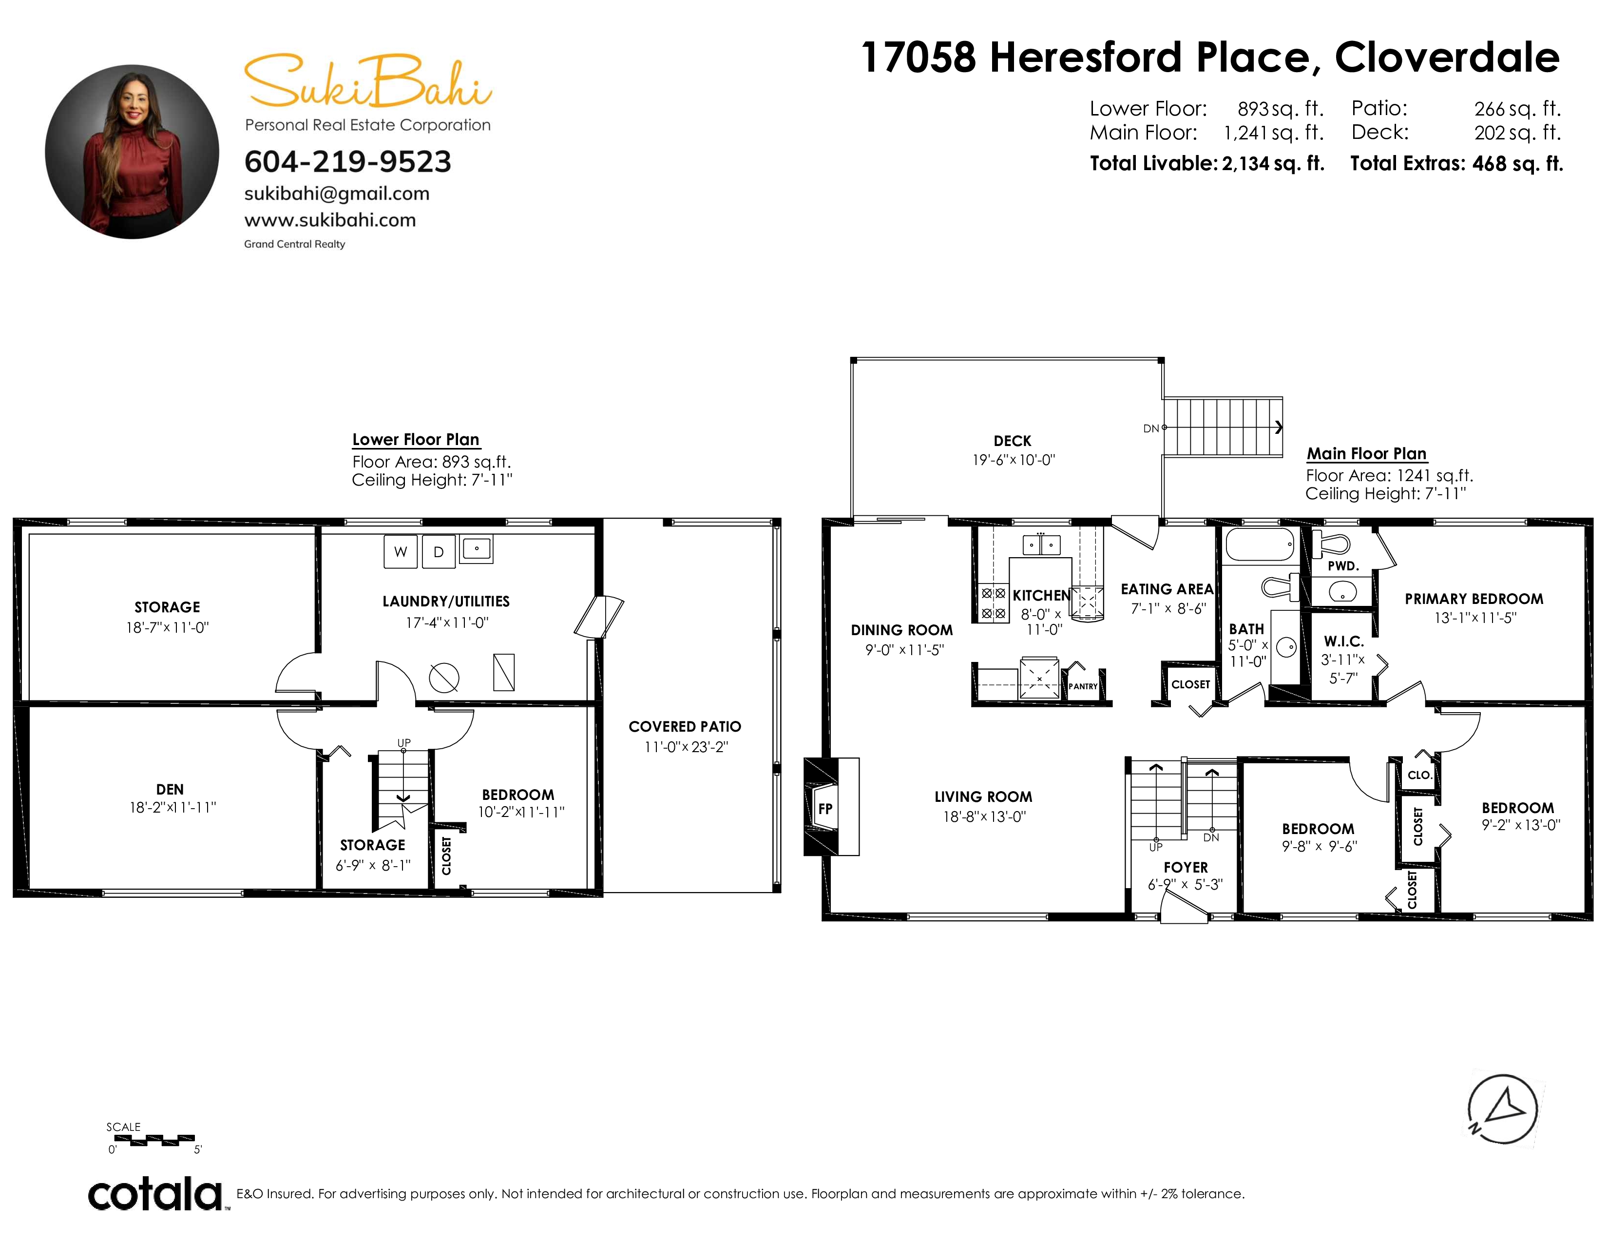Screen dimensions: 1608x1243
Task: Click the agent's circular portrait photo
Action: (132, 152)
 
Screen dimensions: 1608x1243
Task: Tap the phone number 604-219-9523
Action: (347, 162)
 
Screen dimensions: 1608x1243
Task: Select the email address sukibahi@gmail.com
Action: (337, 194)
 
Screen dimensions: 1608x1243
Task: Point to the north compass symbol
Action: (1502, 1109)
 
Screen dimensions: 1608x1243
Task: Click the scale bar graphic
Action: (154, 1140)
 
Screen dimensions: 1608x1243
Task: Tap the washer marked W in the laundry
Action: (401, 551)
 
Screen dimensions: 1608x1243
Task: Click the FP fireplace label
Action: (825, 809)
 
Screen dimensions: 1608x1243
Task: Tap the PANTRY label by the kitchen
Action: (1083, 686)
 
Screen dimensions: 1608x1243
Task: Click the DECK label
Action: (1013, 441)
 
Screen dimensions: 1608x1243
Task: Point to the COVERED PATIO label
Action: (685, 727)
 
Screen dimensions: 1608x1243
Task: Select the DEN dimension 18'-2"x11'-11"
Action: (173, 808)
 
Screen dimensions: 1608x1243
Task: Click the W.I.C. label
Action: (1344, 642)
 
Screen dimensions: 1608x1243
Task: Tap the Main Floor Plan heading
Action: (1366, 454)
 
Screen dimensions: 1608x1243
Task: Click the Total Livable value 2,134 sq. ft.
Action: (1273, 163)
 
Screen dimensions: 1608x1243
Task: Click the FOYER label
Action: (1186, 868)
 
